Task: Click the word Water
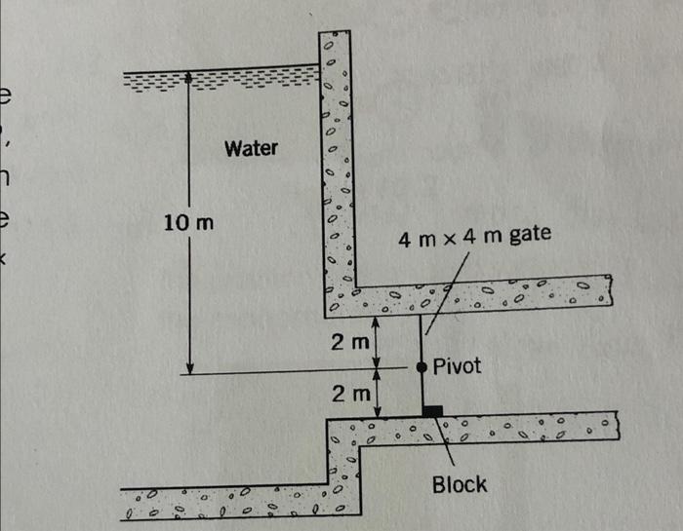251,149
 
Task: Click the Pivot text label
457,367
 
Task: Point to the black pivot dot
422,367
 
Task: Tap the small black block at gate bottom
431,411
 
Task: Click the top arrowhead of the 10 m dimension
189,76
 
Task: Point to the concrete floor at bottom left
224,502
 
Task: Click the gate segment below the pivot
422,390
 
